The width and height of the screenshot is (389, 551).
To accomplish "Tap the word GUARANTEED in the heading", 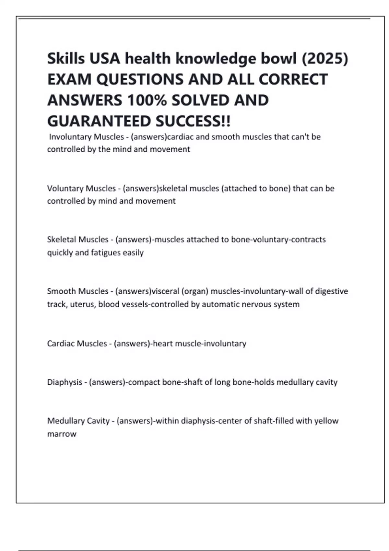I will click(99, 121).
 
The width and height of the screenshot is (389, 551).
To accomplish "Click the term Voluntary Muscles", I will click(81, 188).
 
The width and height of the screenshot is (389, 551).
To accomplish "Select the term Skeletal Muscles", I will click(78, 240).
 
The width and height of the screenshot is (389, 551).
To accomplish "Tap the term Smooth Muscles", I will click(78, 291).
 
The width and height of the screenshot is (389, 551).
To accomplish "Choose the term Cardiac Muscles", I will click(77, 343).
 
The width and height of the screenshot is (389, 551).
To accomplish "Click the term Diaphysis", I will click(65, 382).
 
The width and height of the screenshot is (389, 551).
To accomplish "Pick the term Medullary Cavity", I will click(78, 421).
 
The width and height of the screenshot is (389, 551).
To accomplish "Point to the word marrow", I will click(62, 434).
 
